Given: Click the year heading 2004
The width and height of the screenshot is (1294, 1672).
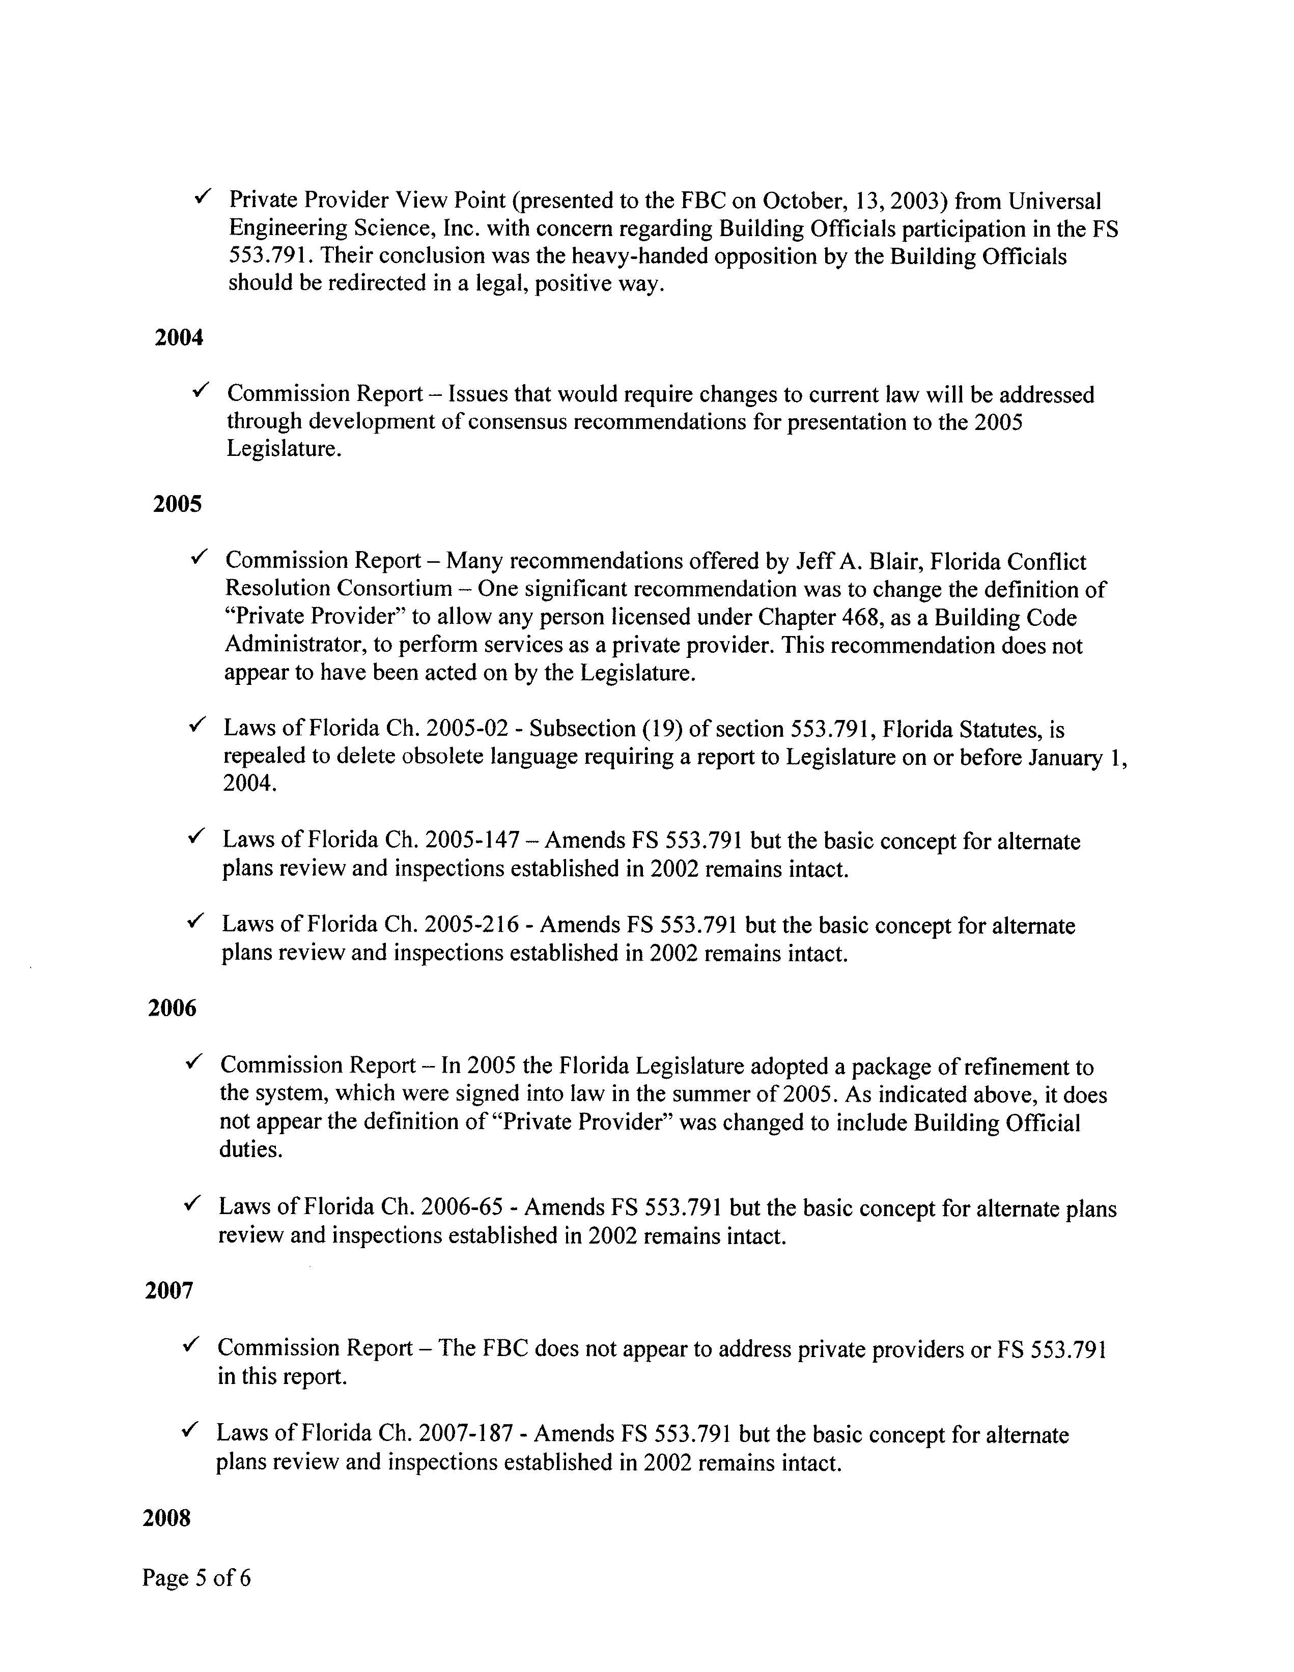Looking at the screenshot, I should tap(178, 338).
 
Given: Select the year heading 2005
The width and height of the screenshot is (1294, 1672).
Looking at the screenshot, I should tap(177, 505).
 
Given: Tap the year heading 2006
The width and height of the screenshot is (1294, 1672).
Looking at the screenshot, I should tap(172, 1008).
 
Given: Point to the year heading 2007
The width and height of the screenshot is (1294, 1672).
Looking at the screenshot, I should tap(168, 1291).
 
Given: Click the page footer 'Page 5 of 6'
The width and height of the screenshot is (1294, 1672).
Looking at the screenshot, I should tap(196, 1578).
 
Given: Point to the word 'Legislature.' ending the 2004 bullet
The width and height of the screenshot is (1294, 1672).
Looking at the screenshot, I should tap(284, 449).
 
